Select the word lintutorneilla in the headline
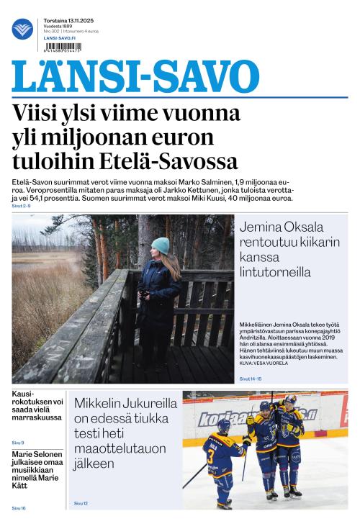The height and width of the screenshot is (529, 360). [276, 272]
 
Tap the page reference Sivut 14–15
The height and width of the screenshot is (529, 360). [251, 379]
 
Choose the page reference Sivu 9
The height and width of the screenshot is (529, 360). [18, 442]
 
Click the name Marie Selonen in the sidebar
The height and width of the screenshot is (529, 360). [36, 455]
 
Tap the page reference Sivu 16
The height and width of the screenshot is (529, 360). [19, 508]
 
